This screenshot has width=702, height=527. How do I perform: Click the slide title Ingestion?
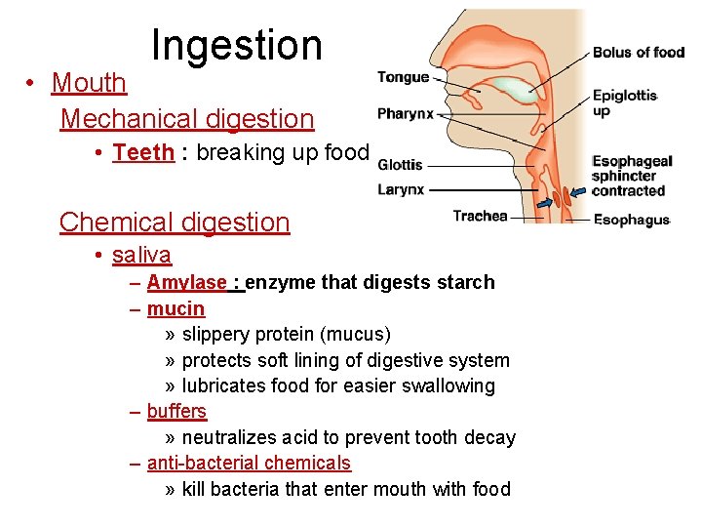point(237,45)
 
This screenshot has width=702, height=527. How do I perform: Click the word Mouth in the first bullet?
point(89,83)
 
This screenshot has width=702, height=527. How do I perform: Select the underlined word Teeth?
point(143,152)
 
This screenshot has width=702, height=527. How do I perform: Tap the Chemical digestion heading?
point(175,222)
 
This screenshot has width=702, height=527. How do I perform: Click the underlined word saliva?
point(141,255)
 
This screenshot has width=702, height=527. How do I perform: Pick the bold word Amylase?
point(186,282)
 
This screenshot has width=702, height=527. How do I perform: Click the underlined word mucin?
point(175,308)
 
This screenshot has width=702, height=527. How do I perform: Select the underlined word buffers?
point(176,411)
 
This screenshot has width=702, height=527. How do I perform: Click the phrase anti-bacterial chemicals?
point(249,463)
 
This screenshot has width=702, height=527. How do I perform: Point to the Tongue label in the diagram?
point(403,77)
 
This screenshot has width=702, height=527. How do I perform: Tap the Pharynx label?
point(405,114)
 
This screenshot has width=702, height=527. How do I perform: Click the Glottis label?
point(400,164)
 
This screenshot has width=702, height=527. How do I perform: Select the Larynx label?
point(401,189)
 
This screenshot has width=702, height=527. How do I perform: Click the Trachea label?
point(480,216)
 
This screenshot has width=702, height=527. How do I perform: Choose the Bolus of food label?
point(639,52)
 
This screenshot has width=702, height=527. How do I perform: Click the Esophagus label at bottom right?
point(632,221)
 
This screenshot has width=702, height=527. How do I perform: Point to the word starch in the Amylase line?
point(466,282)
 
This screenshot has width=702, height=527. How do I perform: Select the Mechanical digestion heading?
point(187,119)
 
